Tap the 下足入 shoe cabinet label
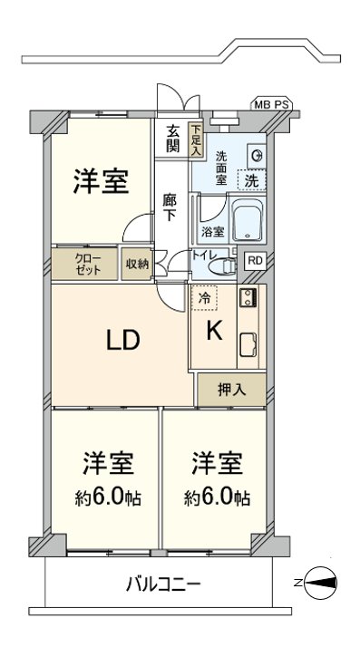tap(195, 141)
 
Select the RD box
tap(256, 262)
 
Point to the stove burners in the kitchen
tap(247, 299)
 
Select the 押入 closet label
tap(230, 390)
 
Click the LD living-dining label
tap(122, 341)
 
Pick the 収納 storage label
tap(136, 264)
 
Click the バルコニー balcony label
tap(163, 584)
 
